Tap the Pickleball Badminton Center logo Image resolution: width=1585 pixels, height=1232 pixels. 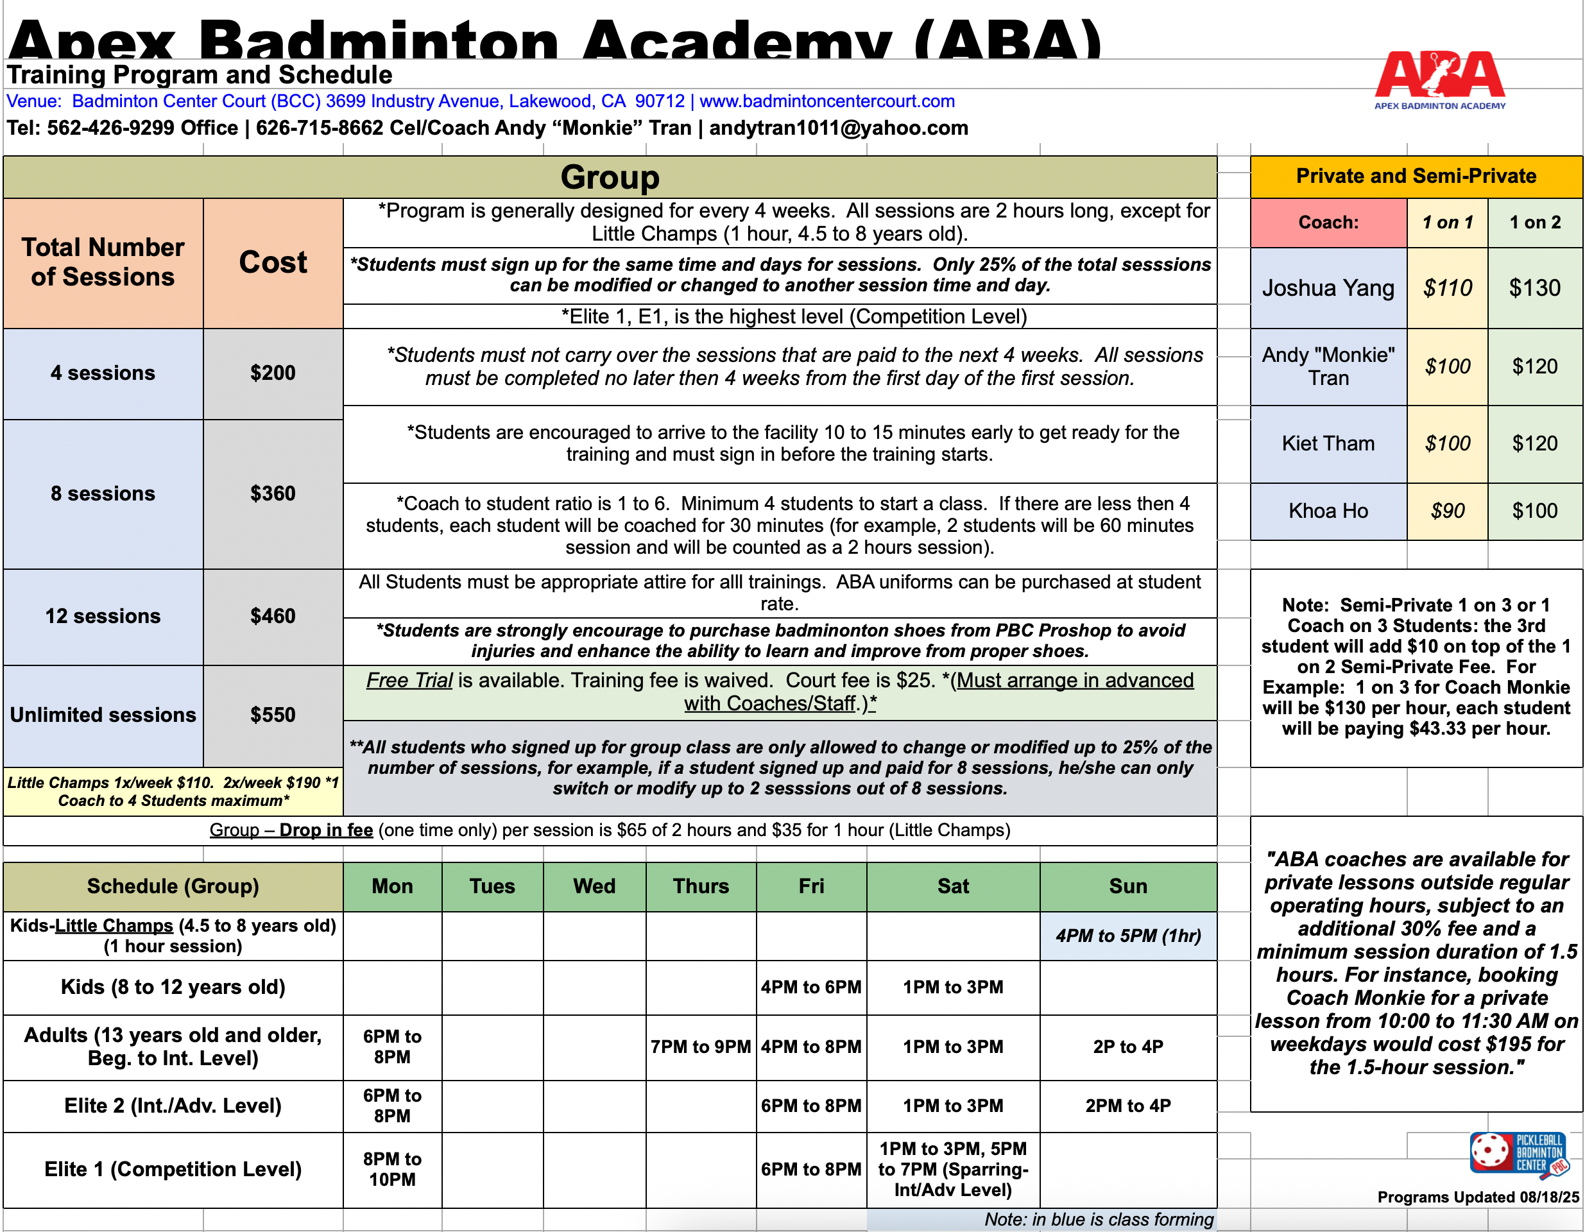click(x=1519, y=1154)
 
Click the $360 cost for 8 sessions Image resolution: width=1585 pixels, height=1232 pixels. click(x=273, y=493)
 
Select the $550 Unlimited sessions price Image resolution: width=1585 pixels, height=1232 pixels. click(x=273, y=715)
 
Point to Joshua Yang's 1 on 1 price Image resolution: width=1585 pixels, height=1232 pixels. click(x=1447, y=288)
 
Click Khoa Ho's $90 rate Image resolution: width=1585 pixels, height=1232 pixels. click(x=1447, y=511)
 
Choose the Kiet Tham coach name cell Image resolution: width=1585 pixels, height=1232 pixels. click(x=1328, y=443)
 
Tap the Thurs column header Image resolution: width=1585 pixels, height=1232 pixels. click(x=700, y=886)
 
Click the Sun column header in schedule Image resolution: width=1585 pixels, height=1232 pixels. click(x=1128, y=886)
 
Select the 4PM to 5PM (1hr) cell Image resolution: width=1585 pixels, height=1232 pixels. click(x=1128, y=936)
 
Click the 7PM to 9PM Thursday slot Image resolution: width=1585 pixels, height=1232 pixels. click(x=700, y=1047)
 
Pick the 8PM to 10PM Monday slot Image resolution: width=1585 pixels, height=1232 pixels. click(x=392, y=1169)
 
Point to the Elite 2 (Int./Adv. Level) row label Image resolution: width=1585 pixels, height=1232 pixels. click(x=173, y=1105)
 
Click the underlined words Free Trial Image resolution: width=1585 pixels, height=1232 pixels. click(x=409, y=681)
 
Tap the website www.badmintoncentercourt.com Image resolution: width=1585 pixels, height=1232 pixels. click(x=827, y=101)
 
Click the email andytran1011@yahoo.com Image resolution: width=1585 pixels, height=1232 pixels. click(x=838, y=128)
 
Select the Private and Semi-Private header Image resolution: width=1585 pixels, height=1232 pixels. click(x=1416, y=176)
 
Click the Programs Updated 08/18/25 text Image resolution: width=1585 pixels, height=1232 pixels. click(x=1478, y=1197)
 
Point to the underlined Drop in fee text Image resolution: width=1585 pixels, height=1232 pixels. click(x=326, y=830)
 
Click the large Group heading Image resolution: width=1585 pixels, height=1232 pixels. click(x=610, y=177)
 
